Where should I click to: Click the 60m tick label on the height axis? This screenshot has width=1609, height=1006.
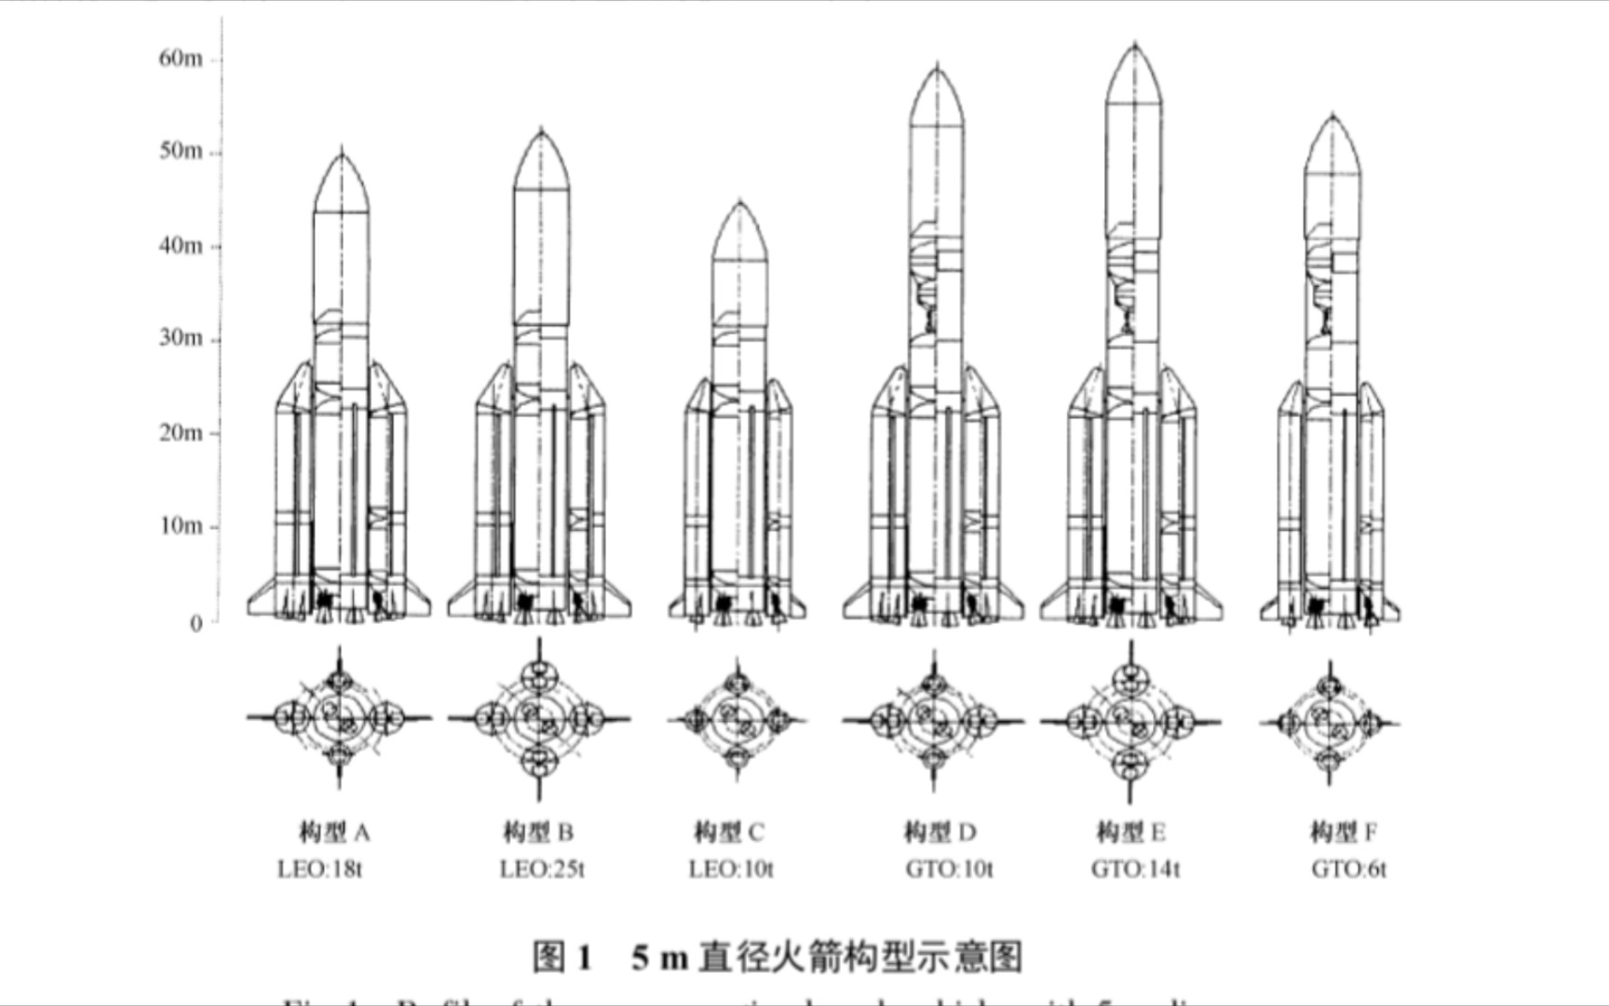pos(180,59)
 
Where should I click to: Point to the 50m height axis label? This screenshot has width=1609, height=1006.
pos(180,151)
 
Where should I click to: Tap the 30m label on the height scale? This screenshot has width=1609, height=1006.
pos(180,337)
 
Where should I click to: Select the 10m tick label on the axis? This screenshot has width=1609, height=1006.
pos(180,526)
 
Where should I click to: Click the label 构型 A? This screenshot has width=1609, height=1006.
pos(334,832)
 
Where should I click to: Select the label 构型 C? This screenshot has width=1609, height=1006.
pos(729,832)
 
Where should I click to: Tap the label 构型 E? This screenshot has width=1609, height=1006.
pos(1131,832)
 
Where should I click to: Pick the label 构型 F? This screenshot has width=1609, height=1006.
pos(1344,832)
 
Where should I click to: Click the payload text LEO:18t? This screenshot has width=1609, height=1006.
pos(319,870)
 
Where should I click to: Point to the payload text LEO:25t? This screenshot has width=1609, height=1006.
pos(542,870)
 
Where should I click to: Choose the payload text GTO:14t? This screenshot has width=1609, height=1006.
pos(1135,870)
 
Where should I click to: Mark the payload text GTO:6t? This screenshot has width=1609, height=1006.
pos(1348,870)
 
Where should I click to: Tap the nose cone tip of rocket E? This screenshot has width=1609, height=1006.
pos(1134,45)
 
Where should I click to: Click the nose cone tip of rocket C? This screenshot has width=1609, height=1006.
pos(740,202)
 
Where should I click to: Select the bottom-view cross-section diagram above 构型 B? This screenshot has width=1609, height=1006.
pos(539,719)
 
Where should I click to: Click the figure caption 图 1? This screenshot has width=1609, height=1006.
pos(562,957)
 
